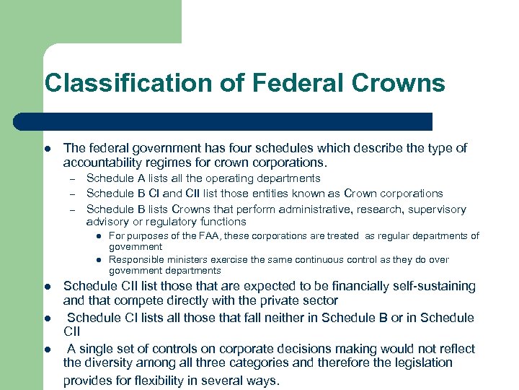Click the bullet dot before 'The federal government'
[47, 149]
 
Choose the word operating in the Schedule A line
[229, 178]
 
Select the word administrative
[325, 209]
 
